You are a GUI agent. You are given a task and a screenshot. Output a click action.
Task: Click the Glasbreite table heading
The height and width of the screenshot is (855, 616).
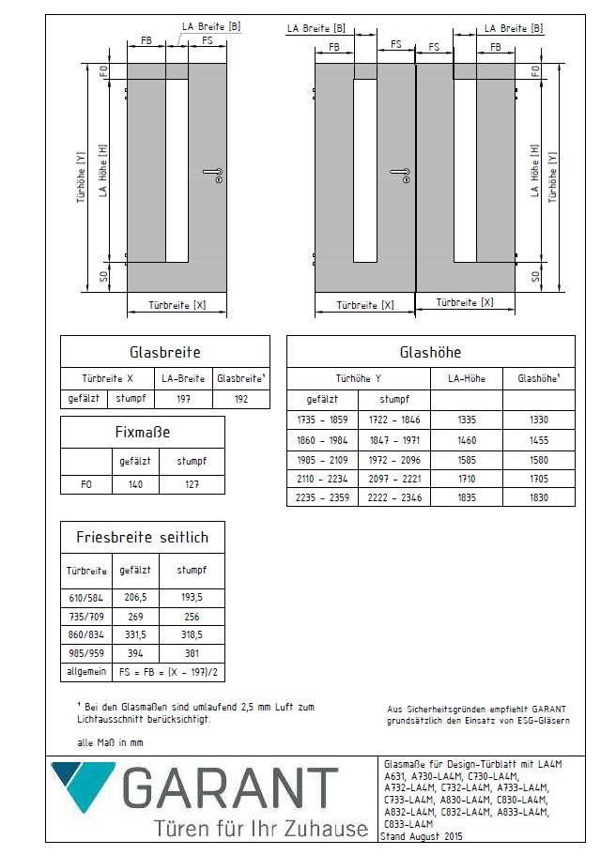[x=164, y=353]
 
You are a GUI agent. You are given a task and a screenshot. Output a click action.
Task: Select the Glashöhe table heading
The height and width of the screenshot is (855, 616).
[x=430, y=353]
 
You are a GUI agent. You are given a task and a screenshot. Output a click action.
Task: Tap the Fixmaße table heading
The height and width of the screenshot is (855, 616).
[x=142, y=433]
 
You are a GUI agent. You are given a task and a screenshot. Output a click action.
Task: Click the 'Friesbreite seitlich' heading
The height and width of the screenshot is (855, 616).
[x=142, y=538]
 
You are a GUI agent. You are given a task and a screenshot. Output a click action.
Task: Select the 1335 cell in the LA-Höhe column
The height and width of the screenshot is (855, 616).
[x=474, y=420]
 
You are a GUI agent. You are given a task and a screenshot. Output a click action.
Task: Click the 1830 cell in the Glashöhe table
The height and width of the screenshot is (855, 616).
[x=539, y=497]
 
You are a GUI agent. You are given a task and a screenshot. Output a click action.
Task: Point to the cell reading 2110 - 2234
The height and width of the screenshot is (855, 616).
[x=322, y=479]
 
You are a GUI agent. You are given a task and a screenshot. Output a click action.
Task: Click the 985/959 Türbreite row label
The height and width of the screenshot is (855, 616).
[x=86, y=653]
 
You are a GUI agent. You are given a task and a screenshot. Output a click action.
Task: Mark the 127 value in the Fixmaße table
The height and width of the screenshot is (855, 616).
[x=192, y=485]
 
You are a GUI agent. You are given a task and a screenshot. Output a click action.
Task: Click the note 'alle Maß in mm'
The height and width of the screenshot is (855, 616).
[x=111, y=742]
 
